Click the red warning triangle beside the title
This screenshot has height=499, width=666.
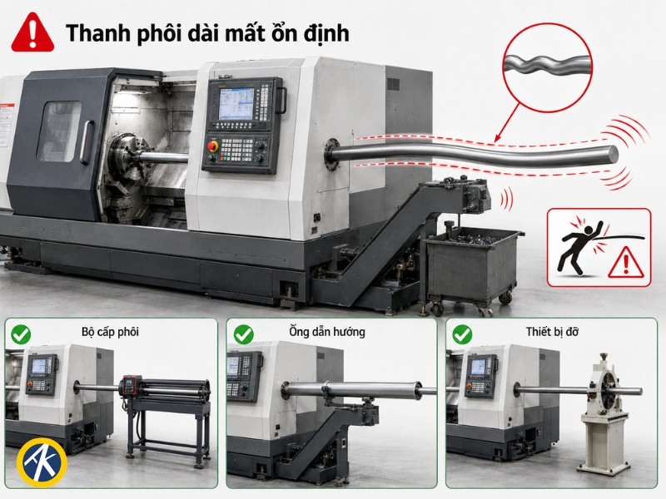32,32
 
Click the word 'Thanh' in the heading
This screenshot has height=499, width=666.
92,33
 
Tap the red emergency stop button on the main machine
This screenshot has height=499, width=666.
212,146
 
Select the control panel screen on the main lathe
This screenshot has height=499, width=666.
236,103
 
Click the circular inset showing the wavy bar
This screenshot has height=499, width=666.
547,67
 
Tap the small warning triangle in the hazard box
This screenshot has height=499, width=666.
626,262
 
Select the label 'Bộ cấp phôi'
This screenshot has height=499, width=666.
110,331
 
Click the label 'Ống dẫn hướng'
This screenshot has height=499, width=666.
327,331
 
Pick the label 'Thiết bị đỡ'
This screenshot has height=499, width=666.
552,331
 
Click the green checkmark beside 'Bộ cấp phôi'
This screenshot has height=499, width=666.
21,334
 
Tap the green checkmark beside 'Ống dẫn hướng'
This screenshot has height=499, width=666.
243,334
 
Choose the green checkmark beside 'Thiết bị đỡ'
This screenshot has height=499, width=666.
462,334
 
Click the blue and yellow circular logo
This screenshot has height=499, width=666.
42,463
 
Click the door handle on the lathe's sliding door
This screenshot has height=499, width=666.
87,142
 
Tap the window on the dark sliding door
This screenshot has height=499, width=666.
58,131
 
